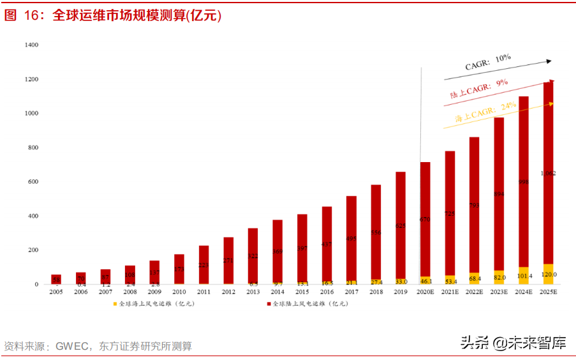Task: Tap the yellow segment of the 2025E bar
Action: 548,274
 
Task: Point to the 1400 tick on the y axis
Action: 31,45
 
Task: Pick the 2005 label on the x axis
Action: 56,292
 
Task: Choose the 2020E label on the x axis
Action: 425,292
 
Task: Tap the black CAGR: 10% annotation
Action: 487,62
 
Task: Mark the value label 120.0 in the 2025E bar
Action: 548,274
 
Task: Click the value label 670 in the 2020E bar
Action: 425,220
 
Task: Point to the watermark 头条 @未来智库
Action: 513,343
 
